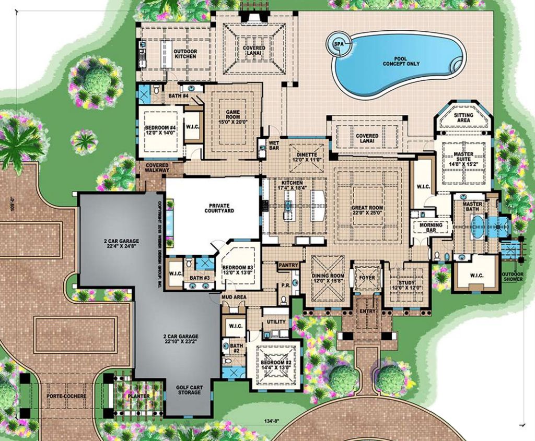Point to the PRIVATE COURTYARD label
(x=219, y=208)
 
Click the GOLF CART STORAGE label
(x=189, y=389)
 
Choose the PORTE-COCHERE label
(x=66, y=396)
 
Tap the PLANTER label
(x=139, y=396)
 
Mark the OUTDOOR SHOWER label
(x=513, y=276)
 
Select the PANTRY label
(x=288, y=266)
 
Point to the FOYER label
(x=367, y=277)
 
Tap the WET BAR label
(x=274, y=145)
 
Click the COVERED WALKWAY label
(x=158, y=167)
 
